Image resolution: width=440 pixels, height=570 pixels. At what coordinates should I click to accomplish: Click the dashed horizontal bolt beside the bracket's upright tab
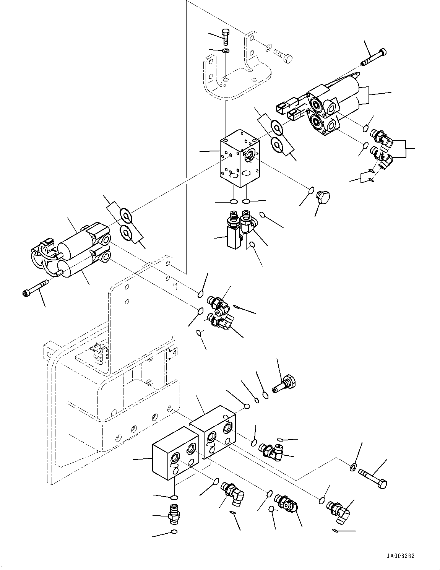[x=283, y=55]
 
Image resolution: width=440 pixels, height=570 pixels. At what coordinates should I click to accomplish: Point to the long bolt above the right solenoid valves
[x=373, y=58]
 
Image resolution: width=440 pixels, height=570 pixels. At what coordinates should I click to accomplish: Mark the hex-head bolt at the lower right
[x=373, y=479]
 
